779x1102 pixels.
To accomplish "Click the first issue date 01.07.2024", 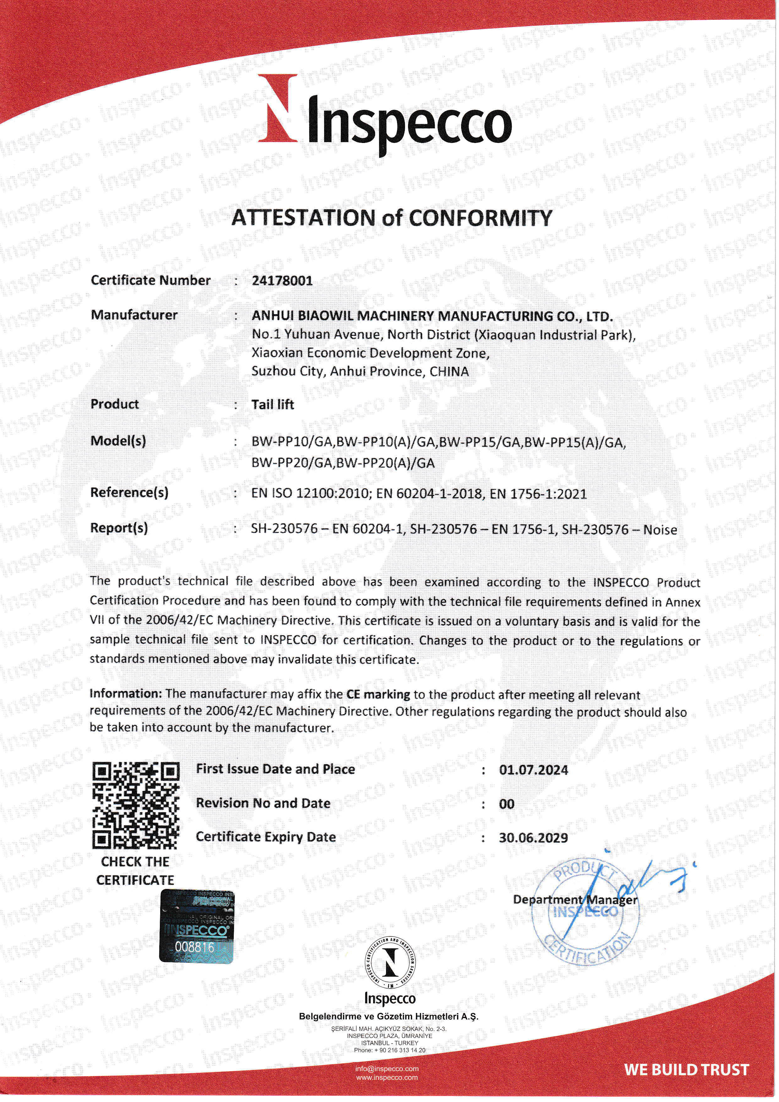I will coord(533,770).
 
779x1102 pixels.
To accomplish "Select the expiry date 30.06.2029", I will coord(533,838).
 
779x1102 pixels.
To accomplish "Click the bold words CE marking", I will coord(378,694).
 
